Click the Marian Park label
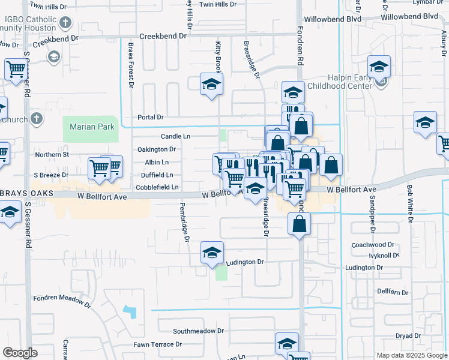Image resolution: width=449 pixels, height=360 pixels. click(88, 127)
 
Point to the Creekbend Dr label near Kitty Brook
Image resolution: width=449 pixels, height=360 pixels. click(163, 36)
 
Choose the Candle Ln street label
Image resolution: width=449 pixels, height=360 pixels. click(175, 136)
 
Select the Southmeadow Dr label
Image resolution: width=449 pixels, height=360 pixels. click(198, 331)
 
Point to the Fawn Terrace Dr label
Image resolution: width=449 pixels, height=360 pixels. click(157, 344)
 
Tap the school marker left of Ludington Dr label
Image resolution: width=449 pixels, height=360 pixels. click(211, 253)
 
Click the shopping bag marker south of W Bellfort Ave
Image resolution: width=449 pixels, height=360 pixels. click(299, 224)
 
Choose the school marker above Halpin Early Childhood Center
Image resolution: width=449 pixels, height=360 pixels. click(379, 67)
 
